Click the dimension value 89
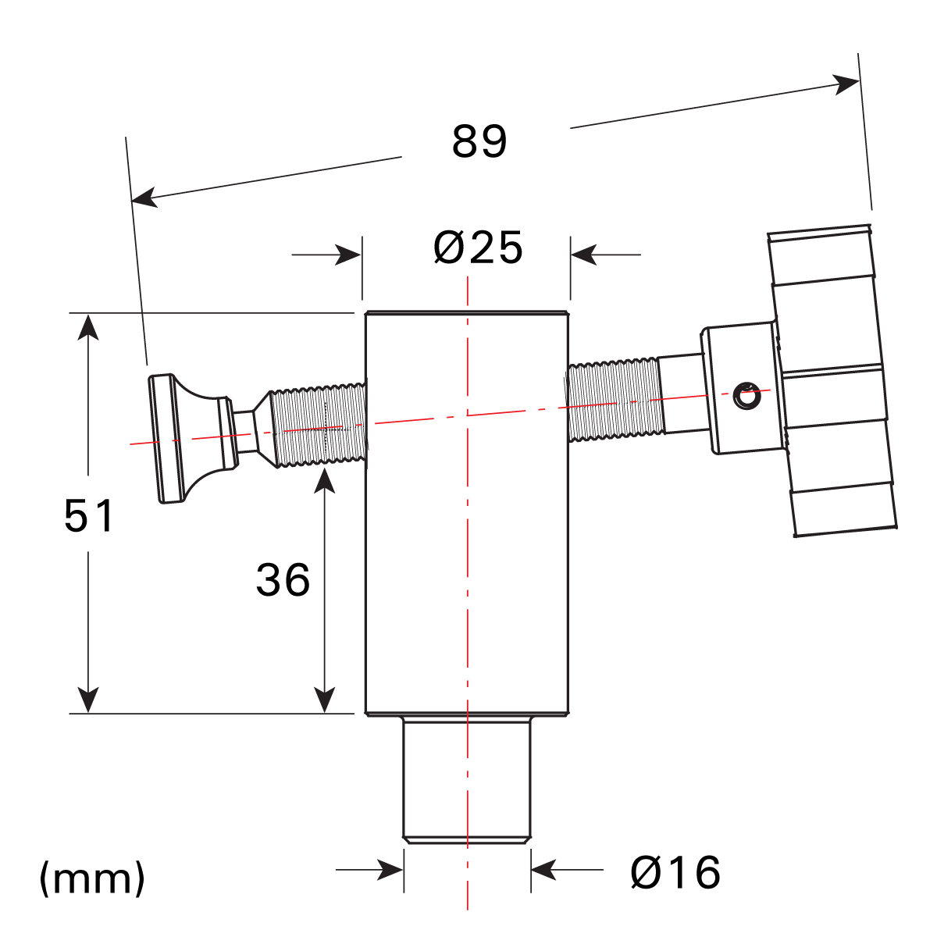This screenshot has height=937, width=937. pyautogui.click(x=479, y=141)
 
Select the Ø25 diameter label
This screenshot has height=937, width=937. pyautogui.click(x=478, y=248)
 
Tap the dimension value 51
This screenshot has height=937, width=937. pyautogui.click(x=89, y=515)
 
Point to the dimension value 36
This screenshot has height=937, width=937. pyautogui.click(x=283, y=580)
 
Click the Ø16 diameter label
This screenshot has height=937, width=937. pyautogui.click(x=675, y=872)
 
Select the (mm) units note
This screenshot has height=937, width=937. pyautogui.click(x=92, y=878)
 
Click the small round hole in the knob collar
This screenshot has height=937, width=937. pyautogui.click(x=747, y=397)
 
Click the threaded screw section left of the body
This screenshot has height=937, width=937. pyautogui.click(x=320, y=426)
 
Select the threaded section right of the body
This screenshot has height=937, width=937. pyautogui.click(x=615, y=400)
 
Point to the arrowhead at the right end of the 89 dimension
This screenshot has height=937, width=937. pyautogui.click(x=846, y=83)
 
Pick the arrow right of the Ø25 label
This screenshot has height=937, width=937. pyautogui.click(x=584, y=255)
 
